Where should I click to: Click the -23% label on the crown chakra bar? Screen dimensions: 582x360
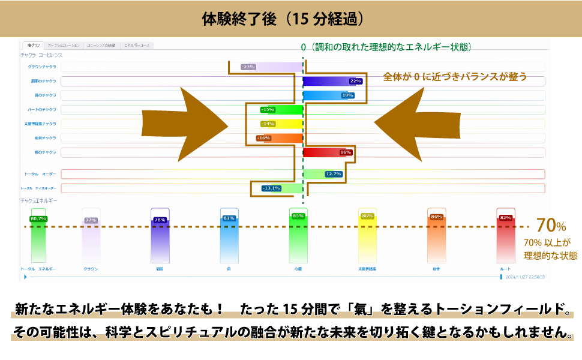click(248, 67)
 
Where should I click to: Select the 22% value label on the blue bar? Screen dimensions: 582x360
click(355, 81)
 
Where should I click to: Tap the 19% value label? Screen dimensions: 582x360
click(347, 95)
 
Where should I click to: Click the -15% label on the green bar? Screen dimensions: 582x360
click(267, 110)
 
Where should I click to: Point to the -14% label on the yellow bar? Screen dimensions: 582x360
click(267, 124)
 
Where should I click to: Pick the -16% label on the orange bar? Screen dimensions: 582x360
click(263, 138)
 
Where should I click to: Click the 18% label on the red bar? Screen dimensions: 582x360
click(346, 152)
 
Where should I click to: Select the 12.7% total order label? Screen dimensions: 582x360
click(334, 174)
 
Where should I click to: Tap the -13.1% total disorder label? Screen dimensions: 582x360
click(271, 188)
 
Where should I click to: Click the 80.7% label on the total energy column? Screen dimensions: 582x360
click(38, 218)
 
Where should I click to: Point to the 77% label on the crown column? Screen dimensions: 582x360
click(91, 220)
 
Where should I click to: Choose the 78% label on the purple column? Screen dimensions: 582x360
click(160, 220)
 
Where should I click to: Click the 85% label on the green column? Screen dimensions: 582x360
click(298, 216)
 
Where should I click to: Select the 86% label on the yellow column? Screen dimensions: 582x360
click(367, 217)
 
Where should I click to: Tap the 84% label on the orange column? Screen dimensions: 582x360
click(436, 217)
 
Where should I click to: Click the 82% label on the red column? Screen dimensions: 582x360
click(505, 218)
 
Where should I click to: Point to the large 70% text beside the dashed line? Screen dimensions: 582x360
click(551, 226)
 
